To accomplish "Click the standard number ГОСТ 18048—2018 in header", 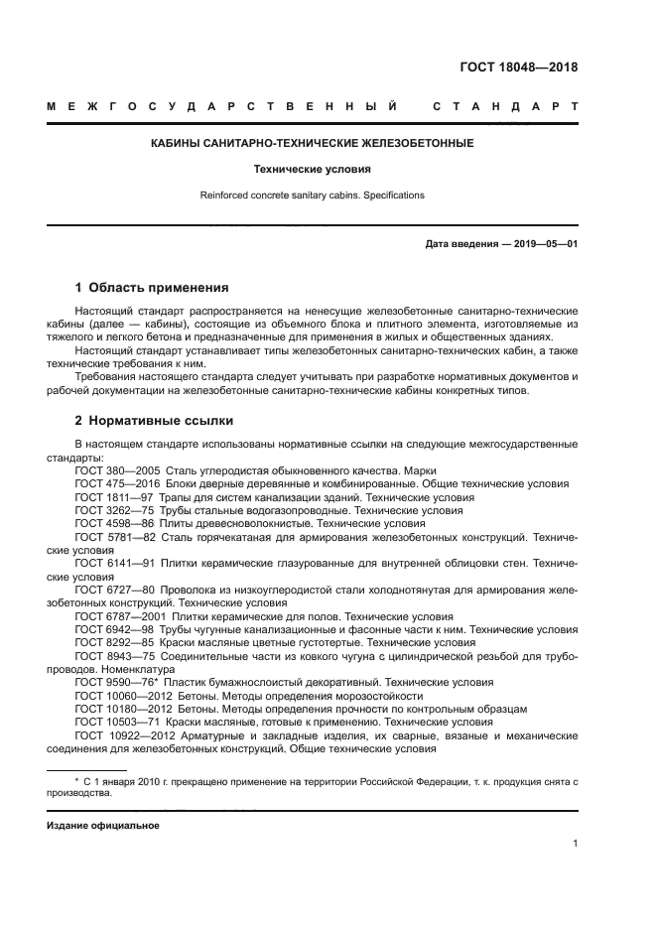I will [518, 67].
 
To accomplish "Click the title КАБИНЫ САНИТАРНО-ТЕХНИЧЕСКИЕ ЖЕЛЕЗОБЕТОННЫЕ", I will [312, 143].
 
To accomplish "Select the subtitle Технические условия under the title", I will [312, 170].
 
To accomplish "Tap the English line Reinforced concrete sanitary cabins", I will [312, 196].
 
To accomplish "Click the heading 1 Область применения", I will [152, 288].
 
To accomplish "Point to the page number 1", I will [575, 844].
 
